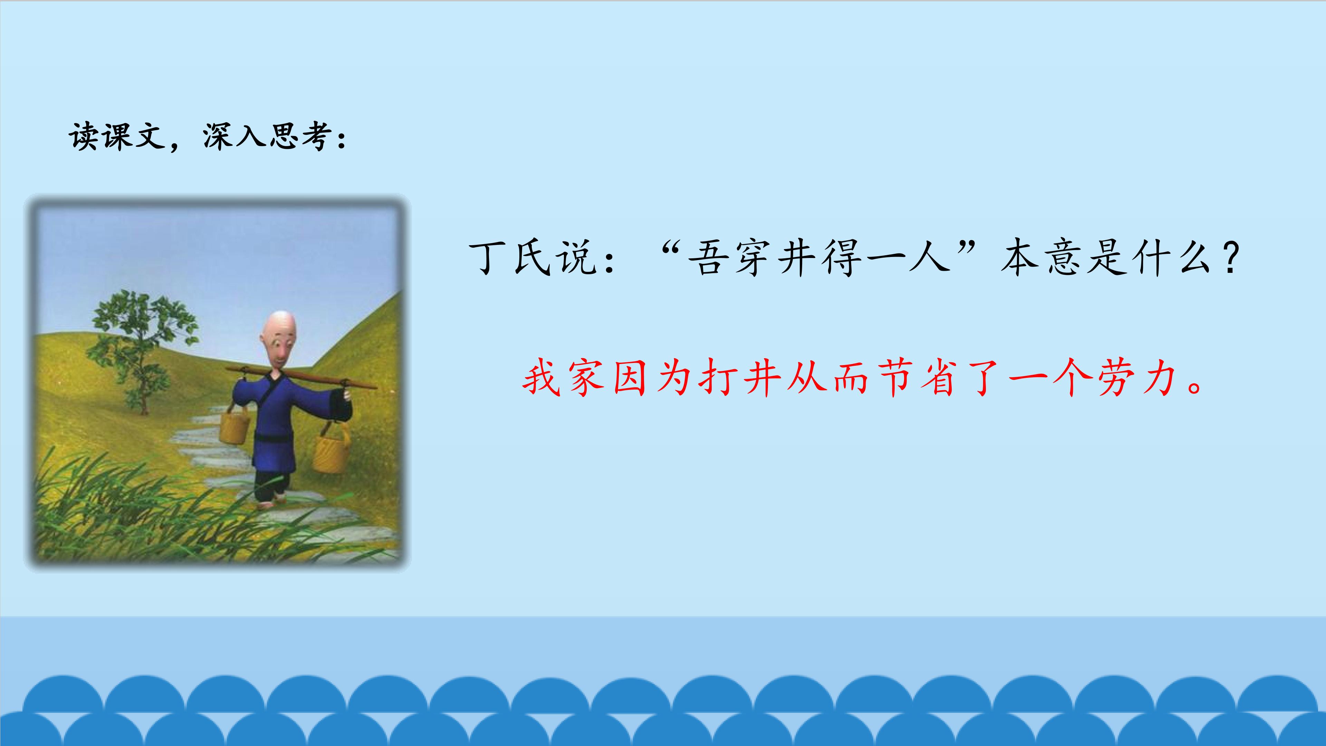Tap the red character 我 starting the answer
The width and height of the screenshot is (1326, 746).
541,379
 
